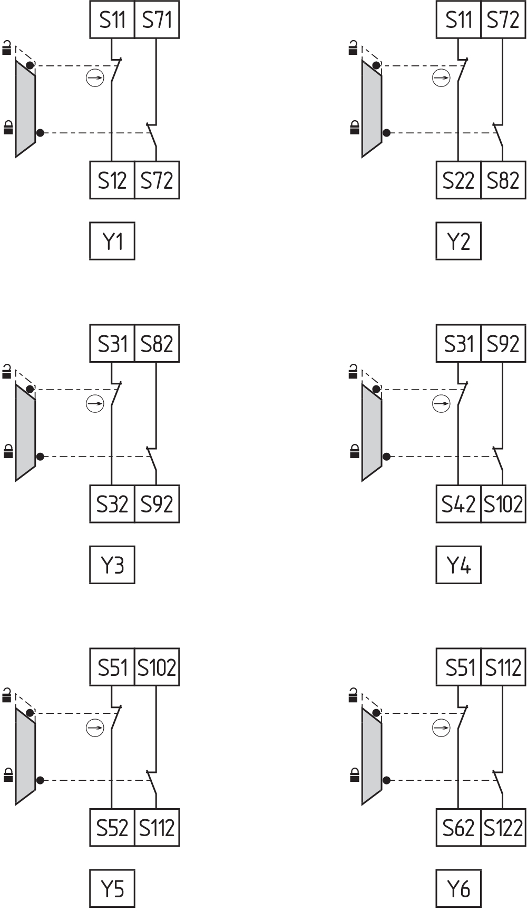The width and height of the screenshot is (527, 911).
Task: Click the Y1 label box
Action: pos(112,241)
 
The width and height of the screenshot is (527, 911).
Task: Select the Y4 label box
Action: pos(458,565)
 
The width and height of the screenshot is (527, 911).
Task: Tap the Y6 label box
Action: pos(458,889)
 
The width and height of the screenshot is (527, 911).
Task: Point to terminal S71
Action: pos(157,20)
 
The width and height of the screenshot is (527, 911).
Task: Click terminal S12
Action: pos(112,180)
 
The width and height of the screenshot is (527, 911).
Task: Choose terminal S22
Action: pos(458,180)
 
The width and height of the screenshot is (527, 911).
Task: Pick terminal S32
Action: pos(112,504)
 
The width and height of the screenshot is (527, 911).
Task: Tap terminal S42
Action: pos(458,504)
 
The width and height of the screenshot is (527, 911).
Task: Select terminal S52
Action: pos(112,828)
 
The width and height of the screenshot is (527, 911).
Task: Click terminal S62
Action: pos(458,828)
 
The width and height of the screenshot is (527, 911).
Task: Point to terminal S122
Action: pos(503,828)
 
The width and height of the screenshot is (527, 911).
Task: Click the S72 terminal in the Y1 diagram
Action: pos(157,180)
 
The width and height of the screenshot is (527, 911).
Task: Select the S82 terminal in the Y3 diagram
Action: pos(157,344)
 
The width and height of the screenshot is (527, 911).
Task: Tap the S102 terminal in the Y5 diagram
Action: pos(157,667)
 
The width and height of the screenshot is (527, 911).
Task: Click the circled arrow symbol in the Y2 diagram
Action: pos(441,79)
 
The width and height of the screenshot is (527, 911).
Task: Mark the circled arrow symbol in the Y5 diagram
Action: pos(95,728)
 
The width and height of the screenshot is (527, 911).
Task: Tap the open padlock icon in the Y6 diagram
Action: pos(354,696)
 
